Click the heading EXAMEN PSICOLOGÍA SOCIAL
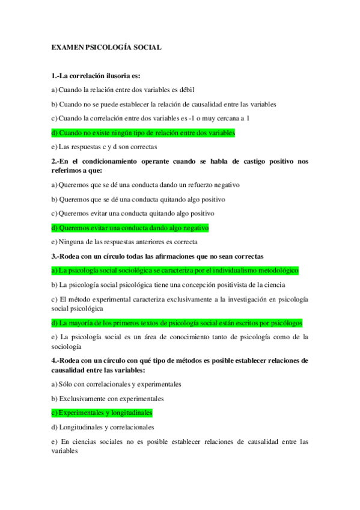coord(106,46)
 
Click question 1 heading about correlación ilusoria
coord(96,76)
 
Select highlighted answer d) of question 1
coord(143,133)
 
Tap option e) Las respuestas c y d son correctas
coord(104,147)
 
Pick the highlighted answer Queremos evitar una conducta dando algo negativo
coord(130,228)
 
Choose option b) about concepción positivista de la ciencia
coord(168,285)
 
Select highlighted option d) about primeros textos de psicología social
coord(177,323)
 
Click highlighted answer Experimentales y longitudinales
coord(102,413)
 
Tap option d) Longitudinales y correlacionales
coord(103,428)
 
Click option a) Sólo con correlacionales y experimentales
coord(117,384)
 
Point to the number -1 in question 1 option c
coord(207,118)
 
